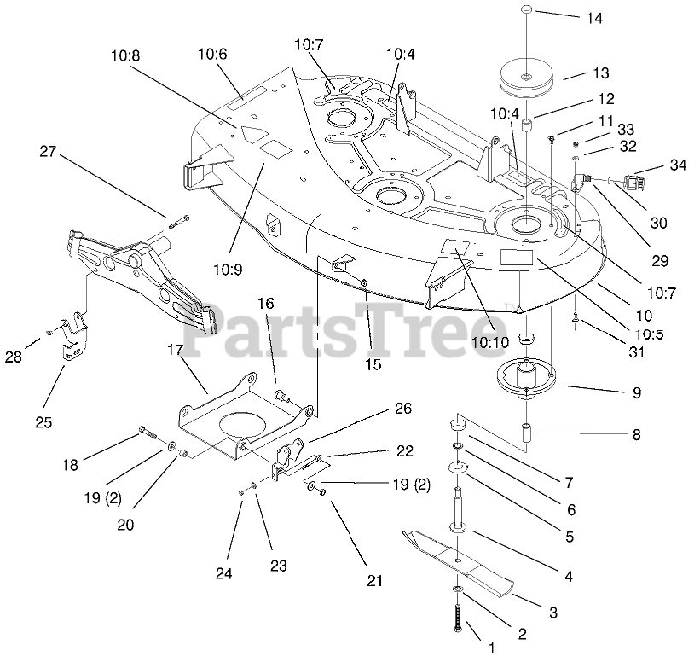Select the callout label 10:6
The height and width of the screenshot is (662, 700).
point(212,53)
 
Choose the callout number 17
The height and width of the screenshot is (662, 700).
point(175,350)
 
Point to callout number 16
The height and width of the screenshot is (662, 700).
point(265,303)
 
